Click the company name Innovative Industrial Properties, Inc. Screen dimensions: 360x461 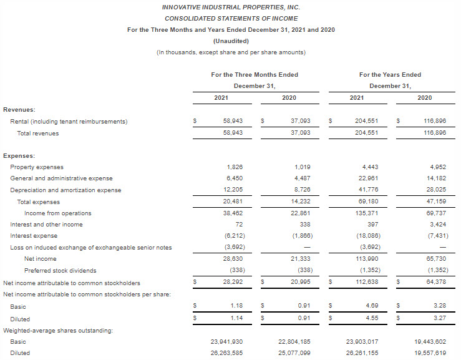click(230, 7)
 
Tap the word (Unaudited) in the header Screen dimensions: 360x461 click(230, 41)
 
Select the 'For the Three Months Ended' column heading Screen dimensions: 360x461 click(255, 75)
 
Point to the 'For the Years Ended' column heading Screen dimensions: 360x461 click(390, 75)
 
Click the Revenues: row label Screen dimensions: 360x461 click(19, 109)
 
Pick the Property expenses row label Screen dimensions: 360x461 click(37, 167)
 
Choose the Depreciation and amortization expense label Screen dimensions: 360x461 click(66, 190)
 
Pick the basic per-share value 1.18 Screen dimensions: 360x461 click(236, 307)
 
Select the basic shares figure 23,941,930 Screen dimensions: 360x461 click(224, 342)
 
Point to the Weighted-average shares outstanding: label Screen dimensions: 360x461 click(58, 331)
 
